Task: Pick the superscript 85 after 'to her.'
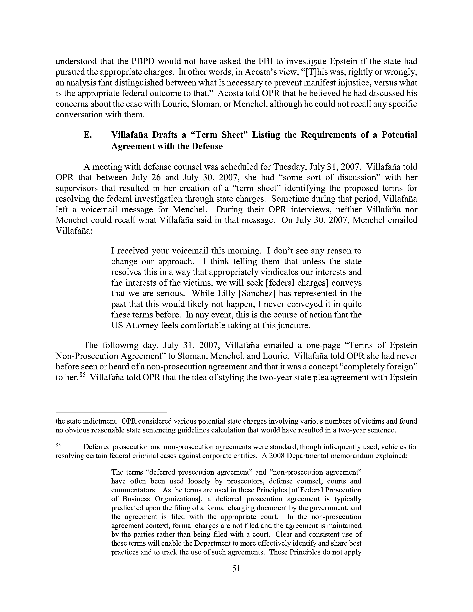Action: tap(81, 376)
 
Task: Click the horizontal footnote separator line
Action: tap(111, 412)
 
